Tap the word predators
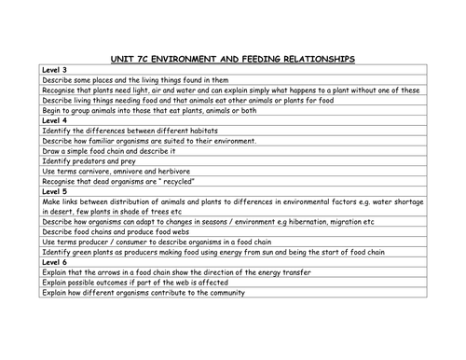(88, 160)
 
